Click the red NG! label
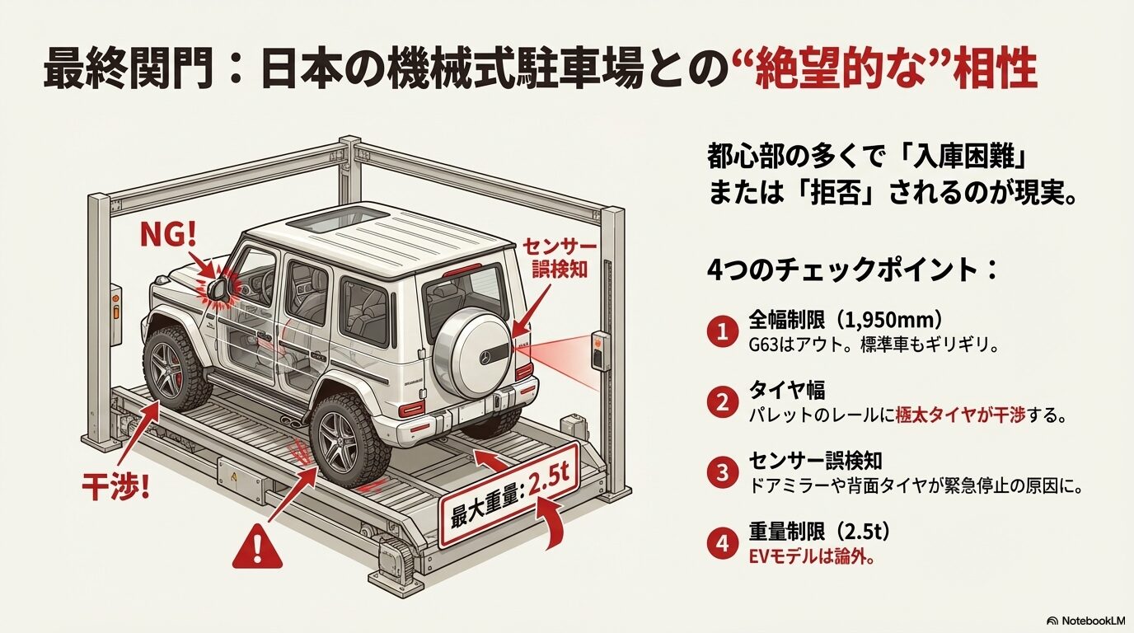click(x=170, y=236)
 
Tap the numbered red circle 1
click(x=722, y=332)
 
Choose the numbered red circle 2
click(x=722, y=402)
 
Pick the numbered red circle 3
click(x=722, y=472)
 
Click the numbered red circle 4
click(x=722, y=542)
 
